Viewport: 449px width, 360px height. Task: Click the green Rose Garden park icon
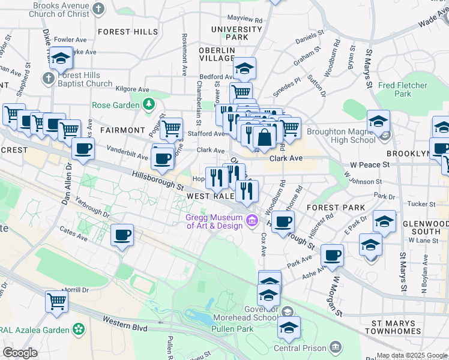[x=149, y=105]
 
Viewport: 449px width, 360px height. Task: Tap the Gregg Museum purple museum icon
[x=252, y=222]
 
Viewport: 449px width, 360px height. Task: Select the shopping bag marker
[x=264, y=137]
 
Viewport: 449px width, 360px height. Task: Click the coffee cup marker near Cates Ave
[x=122, y=235]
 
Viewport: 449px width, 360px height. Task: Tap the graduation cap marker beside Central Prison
[x=289, y=328]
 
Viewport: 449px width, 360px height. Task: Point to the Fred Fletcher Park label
[x=403, y=89]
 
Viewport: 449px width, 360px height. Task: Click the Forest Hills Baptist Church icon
[x=48, y=78]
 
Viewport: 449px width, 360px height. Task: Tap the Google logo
[x=20, y=353]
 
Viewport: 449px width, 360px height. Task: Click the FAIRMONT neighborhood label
[x=123, y=130]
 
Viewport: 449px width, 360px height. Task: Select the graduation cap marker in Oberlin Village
[x=244, y=68]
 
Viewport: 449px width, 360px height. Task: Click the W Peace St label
[x=366, y=164]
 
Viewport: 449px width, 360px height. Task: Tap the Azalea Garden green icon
[x=78, y=329]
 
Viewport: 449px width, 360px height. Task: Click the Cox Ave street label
[x=263, y=242]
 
